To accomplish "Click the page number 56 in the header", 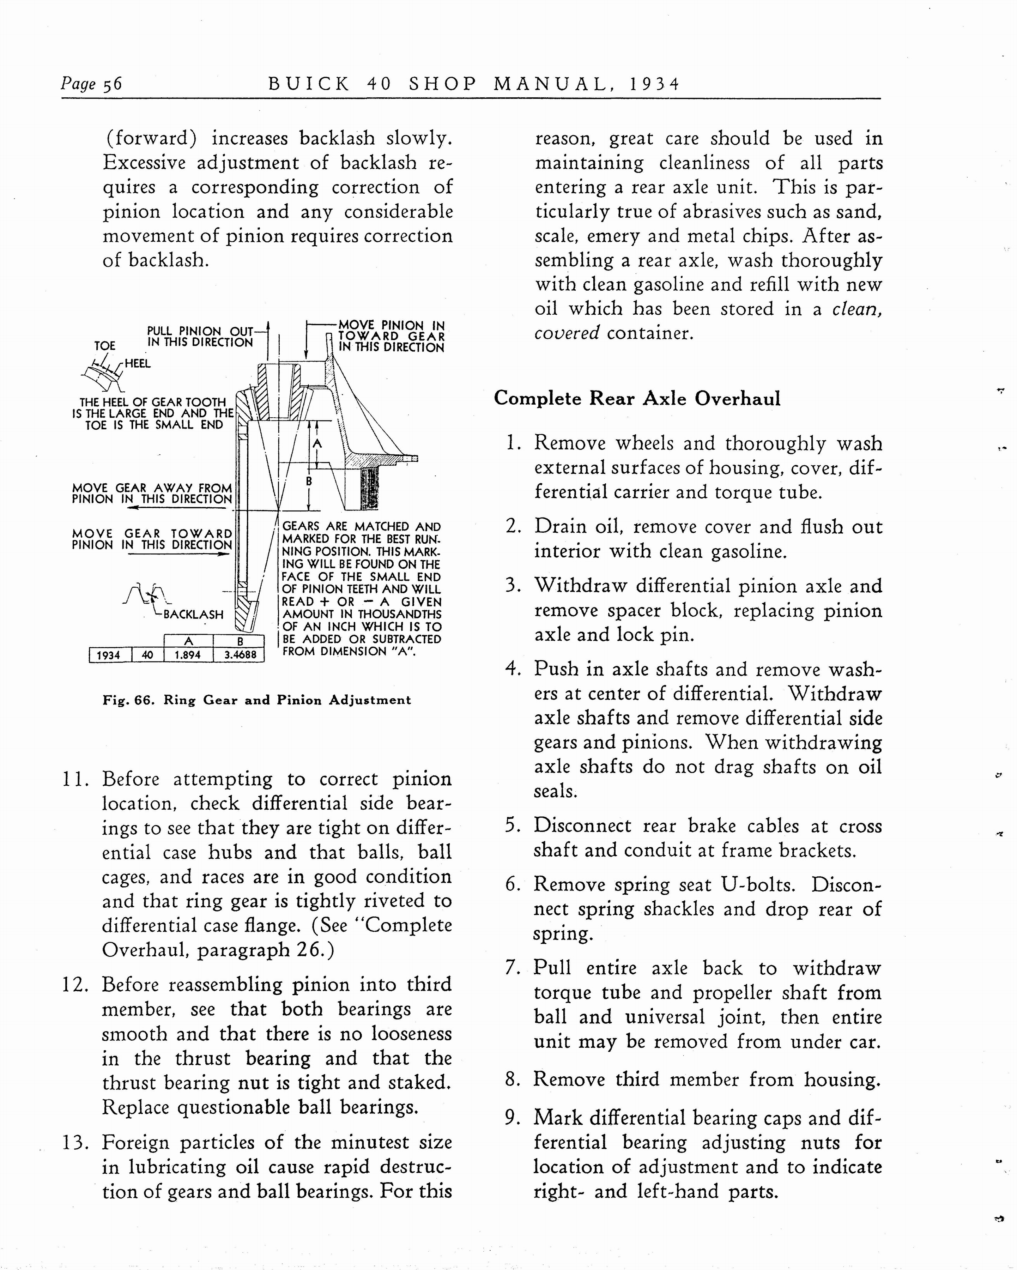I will (x=113, y=84).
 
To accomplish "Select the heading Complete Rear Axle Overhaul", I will (x=637, y=399).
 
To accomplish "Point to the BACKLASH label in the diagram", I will (x=193, y=615).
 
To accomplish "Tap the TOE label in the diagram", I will (x=105, y=346).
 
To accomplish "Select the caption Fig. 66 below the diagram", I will (x=256, y=700).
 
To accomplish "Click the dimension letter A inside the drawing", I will (x=317, y=443).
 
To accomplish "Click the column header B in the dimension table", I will (x=240, y=641).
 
